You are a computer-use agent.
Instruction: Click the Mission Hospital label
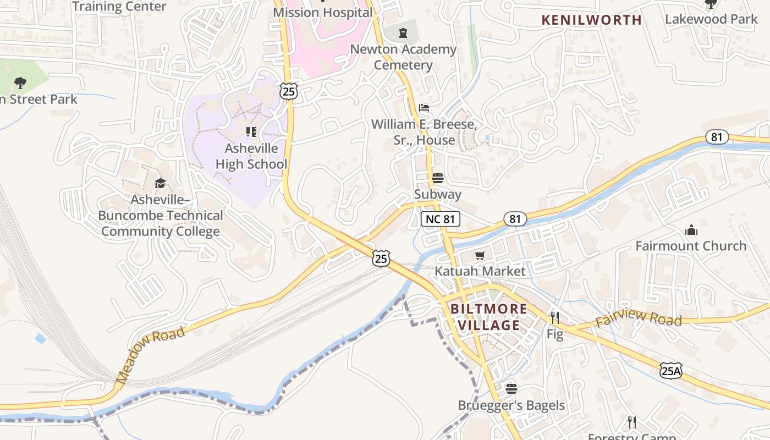tap(323, 12)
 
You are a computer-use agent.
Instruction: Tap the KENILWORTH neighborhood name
tap(591, 20)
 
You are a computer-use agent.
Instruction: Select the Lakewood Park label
tap(711, 19)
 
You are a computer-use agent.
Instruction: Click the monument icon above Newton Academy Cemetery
tap(404, 32)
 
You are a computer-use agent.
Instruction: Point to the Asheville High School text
tap(251, 156)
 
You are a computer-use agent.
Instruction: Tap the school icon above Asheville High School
tap(251, 132)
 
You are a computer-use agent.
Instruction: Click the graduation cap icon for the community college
tap(160, 183)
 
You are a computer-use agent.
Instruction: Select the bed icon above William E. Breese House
tap(424, 107)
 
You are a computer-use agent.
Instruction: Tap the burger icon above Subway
tap(438, 178)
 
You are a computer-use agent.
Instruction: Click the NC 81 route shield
tap(441, 219)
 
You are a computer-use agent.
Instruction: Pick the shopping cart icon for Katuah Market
tap(480, 255)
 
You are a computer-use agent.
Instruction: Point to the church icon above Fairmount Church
tap(691, 230)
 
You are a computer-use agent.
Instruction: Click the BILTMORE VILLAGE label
tap(489, 317)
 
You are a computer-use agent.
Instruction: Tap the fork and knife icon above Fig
tap(555, 318)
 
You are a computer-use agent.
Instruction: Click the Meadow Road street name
tap(150, 355)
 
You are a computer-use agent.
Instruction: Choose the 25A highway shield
tap(671, 371)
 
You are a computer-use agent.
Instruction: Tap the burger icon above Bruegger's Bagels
tap(512, 389)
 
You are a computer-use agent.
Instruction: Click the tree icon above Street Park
tap(20, 84)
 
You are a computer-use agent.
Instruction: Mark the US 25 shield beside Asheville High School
tap(288, 91)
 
